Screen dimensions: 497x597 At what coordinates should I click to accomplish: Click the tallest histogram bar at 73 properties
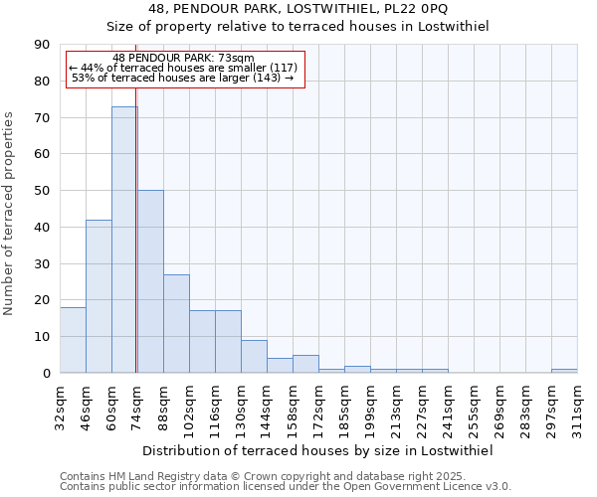pos(124,239)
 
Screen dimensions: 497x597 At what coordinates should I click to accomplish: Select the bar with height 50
pos(150,281)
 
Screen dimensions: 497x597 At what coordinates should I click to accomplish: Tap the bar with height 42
pos(99,296)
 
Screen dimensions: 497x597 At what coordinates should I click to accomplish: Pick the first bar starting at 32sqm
pos(73,340)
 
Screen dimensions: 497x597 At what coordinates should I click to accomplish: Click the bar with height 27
pos(176,323)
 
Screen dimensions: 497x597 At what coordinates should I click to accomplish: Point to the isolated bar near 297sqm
pos(564,371)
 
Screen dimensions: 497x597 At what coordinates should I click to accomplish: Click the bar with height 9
pos(254,356)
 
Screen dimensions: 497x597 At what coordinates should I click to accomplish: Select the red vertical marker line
pos(136,248)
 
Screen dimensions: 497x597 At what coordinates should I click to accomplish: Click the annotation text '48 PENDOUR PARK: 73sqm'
pos(184,58)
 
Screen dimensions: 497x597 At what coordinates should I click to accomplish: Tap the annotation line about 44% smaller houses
pos(184,68)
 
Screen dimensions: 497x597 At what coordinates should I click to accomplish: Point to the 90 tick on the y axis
pos(42,45)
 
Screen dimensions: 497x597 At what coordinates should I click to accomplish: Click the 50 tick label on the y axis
pos(42,190)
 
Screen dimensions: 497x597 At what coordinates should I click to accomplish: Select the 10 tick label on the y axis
pos(42,336)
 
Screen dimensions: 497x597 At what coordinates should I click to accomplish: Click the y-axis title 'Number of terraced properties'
pos(9,214)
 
